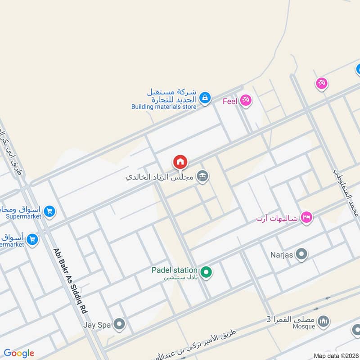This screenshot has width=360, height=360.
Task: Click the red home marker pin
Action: pyautogui.click(x=180, y=162)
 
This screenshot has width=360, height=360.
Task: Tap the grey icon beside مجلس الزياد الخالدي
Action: pyautogui.click(x=203, y=176)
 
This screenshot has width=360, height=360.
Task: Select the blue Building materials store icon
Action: pyautogui.click(x=205, y=98)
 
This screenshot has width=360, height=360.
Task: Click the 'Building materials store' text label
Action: pyautogui.click(x=164, y=107)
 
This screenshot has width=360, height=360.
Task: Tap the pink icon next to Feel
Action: pyautogui.click(x=245, y=100)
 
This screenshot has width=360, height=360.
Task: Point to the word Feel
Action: pyautogui.click(x=229, y=101)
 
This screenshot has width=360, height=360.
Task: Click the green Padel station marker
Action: pyautogui.click(x=206, y=272)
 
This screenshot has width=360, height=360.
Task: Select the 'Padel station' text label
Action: pyautogui.click(x=175, y=270)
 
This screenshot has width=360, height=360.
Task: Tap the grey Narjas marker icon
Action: pyautogui.click(x=301, y=254)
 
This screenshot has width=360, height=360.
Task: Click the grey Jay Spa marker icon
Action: pyautogui.click(x=119, y=324)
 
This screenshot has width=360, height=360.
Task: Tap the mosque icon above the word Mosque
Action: pyautogui.click(x=323, y=321)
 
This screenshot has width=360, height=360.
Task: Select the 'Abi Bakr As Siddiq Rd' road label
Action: pyautogui.click(x=71, y=281)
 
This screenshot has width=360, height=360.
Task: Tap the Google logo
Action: pyautogui.click(x=19, y=353)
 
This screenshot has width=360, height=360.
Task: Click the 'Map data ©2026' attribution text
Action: pyautogui.click(x=336, y=355)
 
